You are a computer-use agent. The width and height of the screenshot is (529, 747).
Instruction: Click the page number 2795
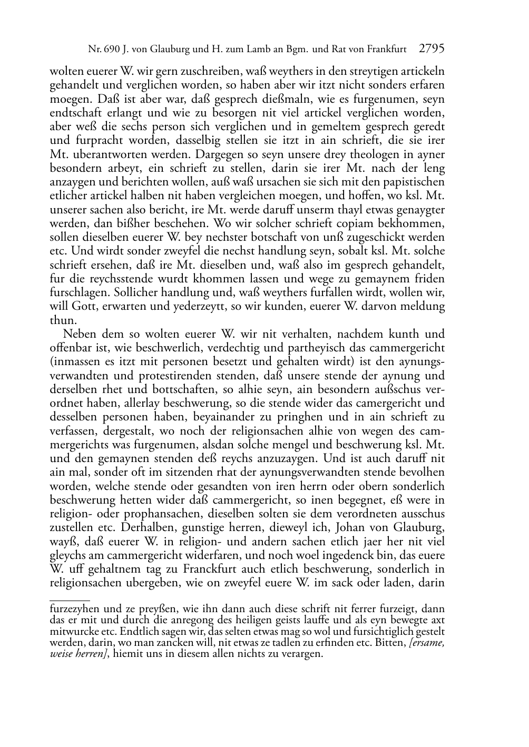(432, 49)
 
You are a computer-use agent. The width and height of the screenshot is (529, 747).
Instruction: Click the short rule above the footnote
(70, 599)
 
